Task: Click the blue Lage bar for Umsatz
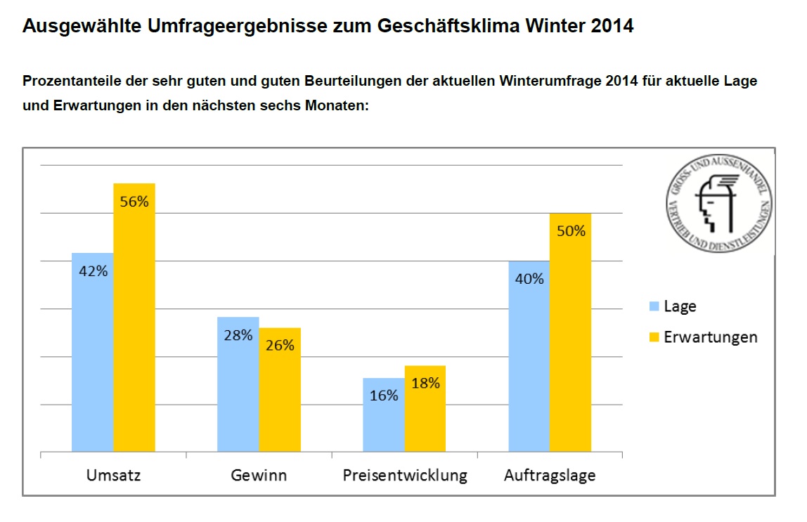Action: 92,351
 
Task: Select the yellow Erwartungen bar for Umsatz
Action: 134,316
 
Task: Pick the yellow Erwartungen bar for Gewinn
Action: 280,389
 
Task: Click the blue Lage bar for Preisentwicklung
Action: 383,415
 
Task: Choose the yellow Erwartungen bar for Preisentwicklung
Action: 425,408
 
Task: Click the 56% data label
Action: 134,202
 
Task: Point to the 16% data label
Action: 384,396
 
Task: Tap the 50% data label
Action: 571,230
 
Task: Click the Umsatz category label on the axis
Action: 113,476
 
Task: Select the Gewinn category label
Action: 259,476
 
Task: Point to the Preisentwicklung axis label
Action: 405,476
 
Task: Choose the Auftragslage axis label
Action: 550,476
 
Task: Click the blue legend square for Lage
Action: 653,306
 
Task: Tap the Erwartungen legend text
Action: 711,337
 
